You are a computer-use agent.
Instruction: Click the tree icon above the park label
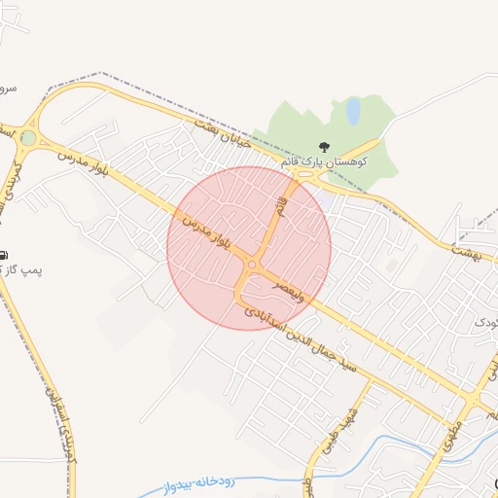coord(324,146)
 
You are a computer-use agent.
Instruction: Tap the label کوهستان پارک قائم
coord(323,162)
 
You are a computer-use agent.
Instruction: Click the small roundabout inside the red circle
coord(252,265)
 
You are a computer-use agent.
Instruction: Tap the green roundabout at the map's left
coord(28,138)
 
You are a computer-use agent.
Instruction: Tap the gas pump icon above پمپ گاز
coord(4,254)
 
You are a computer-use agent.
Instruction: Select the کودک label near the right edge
coord(485,321)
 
